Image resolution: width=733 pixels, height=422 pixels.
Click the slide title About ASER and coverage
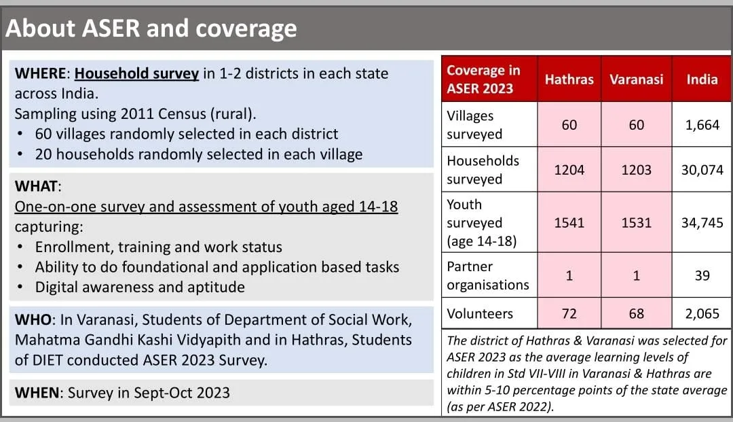151,29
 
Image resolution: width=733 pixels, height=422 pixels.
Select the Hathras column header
569,80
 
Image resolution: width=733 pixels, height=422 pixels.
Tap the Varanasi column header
636,80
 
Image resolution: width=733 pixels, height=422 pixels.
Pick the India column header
702,80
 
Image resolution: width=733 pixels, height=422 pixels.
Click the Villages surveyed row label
474,125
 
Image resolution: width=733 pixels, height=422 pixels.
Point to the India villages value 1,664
702,125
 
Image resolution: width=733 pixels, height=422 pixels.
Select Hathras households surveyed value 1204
569,170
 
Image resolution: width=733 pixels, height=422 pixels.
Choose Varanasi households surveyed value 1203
636,170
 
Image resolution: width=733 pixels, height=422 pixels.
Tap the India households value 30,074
702,170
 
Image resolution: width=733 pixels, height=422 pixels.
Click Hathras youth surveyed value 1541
569,223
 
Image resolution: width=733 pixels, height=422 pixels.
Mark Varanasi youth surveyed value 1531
636,223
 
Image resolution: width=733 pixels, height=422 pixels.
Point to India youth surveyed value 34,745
702,223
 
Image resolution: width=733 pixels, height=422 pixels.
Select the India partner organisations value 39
702,275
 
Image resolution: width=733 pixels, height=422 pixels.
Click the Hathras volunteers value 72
569,313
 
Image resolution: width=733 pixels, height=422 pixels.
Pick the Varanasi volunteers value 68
636,313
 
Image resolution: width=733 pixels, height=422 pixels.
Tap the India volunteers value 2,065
702,313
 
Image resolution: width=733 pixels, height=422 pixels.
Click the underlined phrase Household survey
136,73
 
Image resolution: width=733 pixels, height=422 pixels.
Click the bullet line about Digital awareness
139,287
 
